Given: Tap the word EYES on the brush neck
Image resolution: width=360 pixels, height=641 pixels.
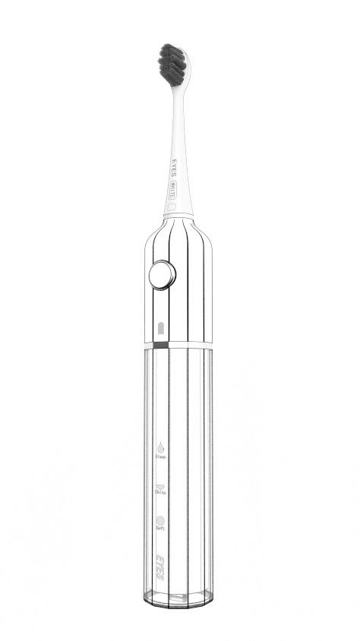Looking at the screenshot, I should (x=173, y=168).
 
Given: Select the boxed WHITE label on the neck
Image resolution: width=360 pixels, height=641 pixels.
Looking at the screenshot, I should (x=173, y=188).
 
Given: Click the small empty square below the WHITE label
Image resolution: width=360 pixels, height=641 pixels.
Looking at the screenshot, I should (x=172, y=206).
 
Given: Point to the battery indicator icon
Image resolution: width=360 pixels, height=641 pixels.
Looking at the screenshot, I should (x=160, y=329).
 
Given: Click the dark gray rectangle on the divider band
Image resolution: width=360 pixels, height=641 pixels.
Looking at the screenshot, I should (x=160, y=345).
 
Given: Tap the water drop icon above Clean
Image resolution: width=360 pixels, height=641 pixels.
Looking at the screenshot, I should (x=160, y=448).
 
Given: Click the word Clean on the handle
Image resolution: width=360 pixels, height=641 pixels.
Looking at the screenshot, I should (x=160, y=457).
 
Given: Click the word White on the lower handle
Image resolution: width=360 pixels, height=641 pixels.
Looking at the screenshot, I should (x=160, y=493).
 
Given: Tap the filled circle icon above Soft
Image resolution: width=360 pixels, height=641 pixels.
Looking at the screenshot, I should (x=160, y=521).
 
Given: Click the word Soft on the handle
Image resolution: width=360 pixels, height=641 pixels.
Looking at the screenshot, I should (x=160, y=529).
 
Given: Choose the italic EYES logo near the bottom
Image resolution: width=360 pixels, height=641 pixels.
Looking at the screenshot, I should (x=160, y=567).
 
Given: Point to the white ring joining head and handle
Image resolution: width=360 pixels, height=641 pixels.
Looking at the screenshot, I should (x=178, y=216).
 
